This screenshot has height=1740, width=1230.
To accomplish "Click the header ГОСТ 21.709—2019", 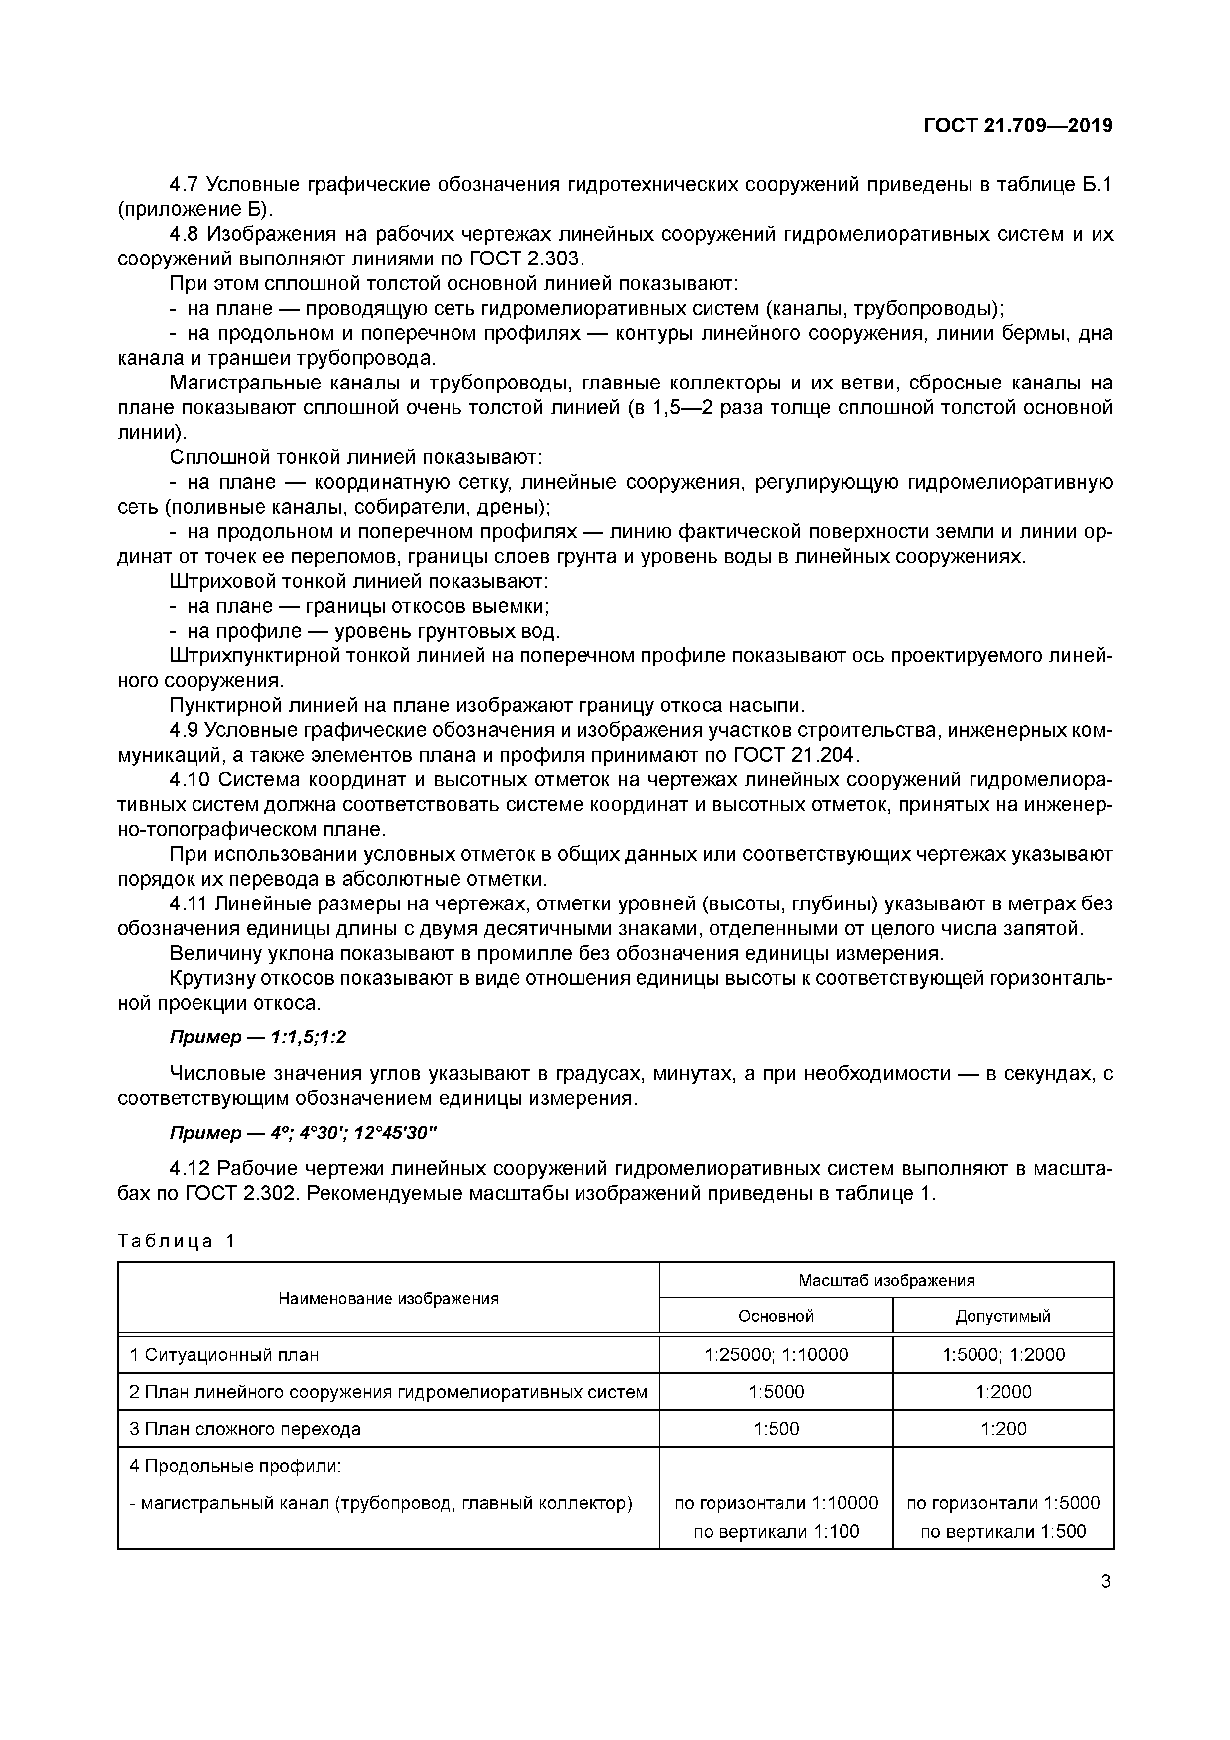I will tap(1018, 126).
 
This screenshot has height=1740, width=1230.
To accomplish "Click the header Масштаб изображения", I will tap(886, 1281).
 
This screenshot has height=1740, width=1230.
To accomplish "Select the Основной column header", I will tap(776, 1316).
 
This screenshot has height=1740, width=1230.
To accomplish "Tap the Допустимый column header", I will tap(1003, 1316).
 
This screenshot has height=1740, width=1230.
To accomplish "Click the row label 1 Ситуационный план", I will tap(224, 1354).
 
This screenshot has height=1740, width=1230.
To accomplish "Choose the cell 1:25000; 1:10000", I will tap(776, 1354).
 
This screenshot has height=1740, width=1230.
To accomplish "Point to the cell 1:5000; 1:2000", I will tap(1003, 1354).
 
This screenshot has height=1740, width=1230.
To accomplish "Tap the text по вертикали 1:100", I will tap(776, 1532).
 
